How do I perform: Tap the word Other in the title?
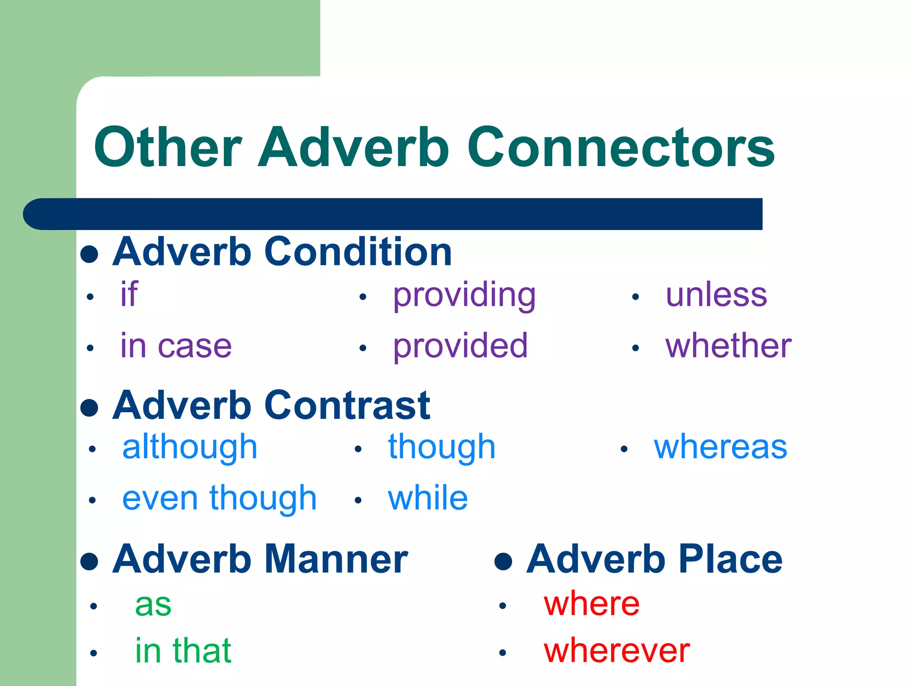coord(168,147)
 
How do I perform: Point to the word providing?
coord(464,296)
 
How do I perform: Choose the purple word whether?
coord(728,346)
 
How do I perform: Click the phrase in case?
coord(176,346)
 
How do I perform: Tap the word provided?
coord(460,346)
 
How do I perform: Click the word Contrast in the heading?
coord(347,406)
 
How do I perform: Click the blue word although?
coord(190,448)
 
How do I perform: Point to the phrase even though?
coord(219,498)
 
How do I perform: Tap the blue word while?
coord(428,498)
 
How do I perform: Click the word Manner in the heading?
coord(336,560)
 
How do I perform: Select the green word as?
coord(153,605)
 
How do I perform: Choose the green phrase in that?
coord(183,651)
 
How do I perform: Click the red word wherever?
coord(617,651)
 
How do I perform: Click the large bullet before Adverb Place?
coord(503,561)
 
